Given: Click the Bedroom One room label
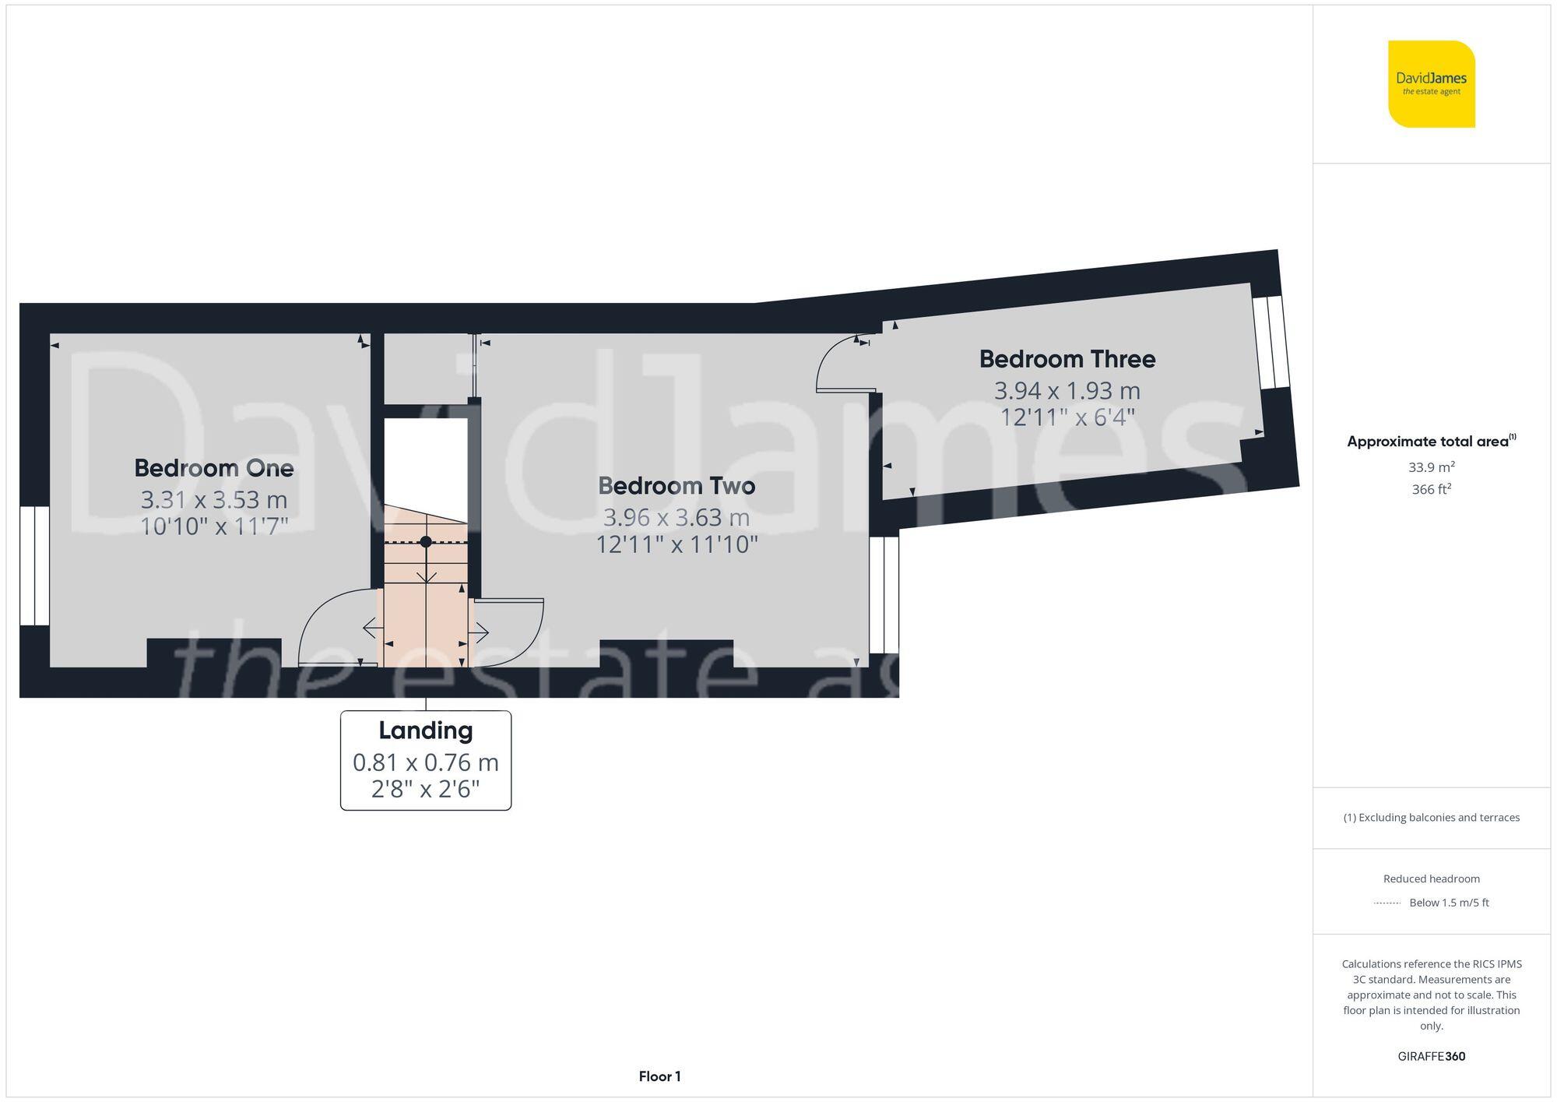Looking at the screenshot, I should tap(214, 468).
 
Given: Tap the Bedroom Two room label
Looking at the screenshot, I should tap(677, 486).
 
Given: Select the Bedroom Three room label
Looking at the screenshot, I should tap(1067, 359).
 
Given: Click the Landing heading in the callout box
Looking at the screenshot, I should tap(426, 731).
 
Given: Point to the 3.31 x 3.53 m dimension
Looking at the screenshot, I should tap(214, 499).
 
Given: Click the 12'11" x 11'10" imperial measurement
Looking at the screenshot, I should tap(677, 544).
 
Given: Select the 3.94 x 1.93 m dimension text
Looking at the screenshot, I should tap(1067, 390).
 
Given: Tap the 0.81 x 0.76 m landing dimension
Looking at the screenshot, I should tap(426, 762).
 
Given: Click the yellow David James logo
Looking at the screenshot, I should tap(1431, 84).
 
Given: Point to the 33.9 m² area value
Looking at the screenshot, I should tap(1431, 467).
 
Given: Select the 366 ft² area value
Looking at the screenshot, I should tap(1431, 490).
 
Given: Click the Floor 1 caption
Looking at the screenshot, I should tap(659, 1076).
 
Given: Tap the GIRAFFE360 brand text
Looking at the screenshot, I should tap(1431, 1057).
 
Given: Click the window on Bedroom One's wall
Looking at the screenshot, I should tap(34, 566).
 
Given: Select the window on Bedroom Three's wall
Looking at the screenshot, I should tap(1271, 342).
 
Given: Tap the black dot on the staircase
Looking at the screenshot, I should tap(426, 541).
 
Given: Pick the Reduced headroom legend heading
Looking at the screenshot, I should tap(1431, 878).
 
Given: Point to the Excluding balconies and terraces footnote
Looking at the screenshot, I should tap(1431, 818).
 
